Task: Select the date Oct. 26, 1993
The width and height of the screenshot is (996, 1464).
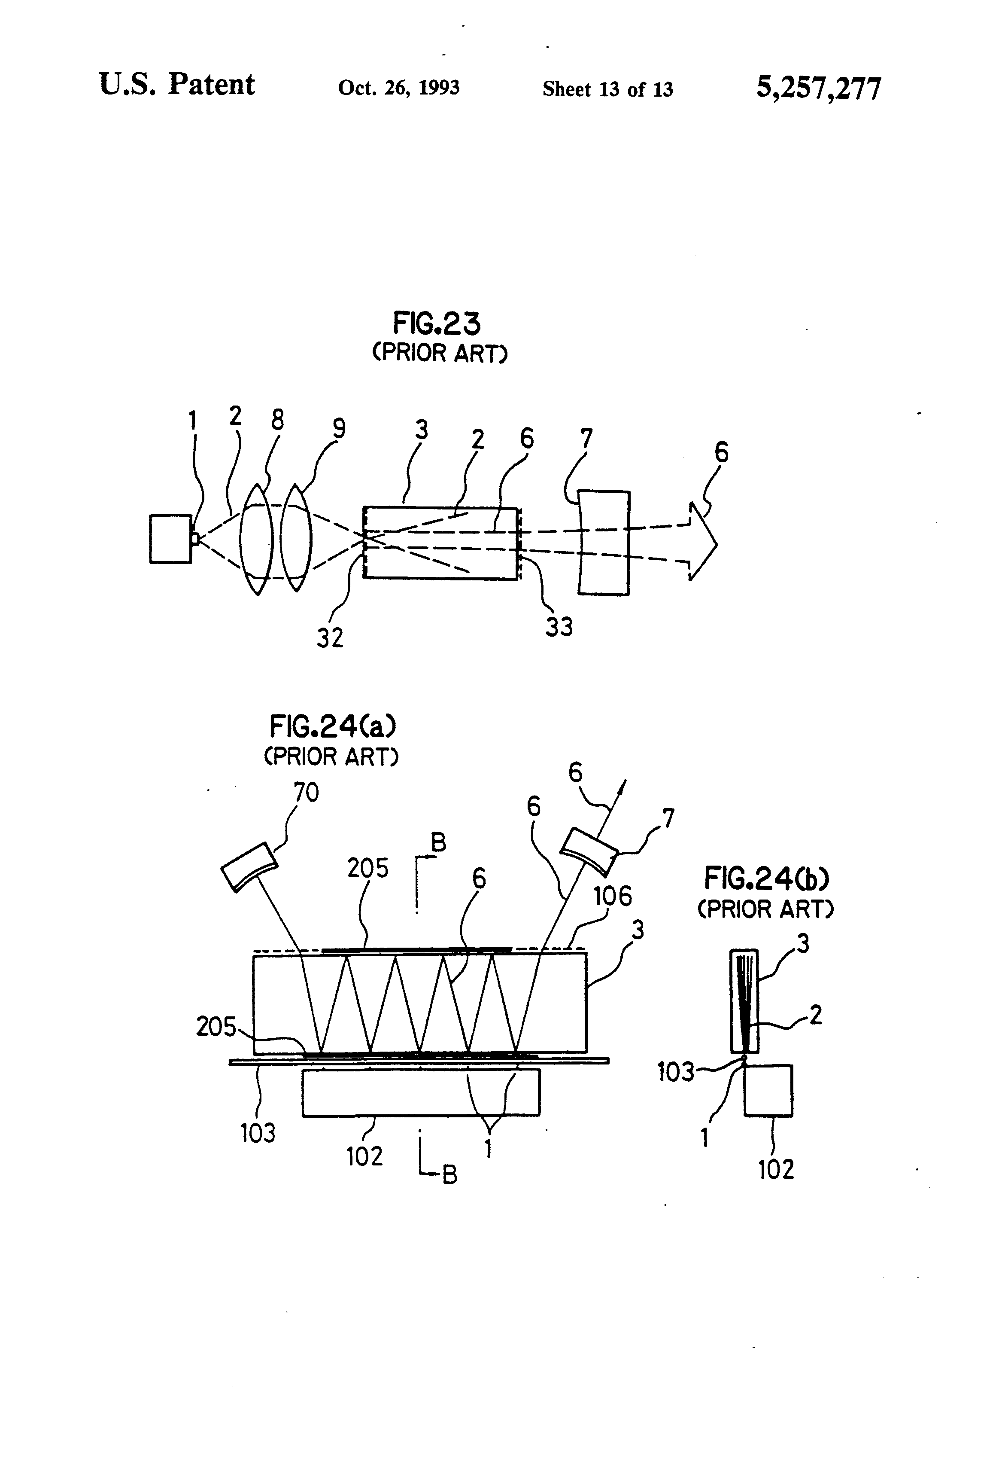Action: tap(398, 88)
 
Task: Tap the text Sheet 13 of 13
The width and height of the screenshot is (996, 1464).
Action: tap(607, 89)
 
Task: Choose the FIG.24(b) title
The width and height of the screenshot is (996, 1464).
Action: tap(766, 878)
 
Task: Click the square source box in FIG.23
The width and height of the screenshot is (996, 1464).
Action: tap(170, 539)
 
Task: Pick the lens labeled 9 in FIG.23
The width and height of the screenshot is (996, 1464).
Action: tap(296, 539)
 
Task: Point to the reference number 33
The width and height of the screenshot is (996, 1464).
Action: tap(559, 627)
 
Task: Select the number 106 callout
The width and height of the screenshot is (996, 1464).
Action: tap(613, 896)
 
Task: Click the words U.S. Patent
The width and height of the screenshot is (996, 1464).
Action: tap(177, 85)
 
